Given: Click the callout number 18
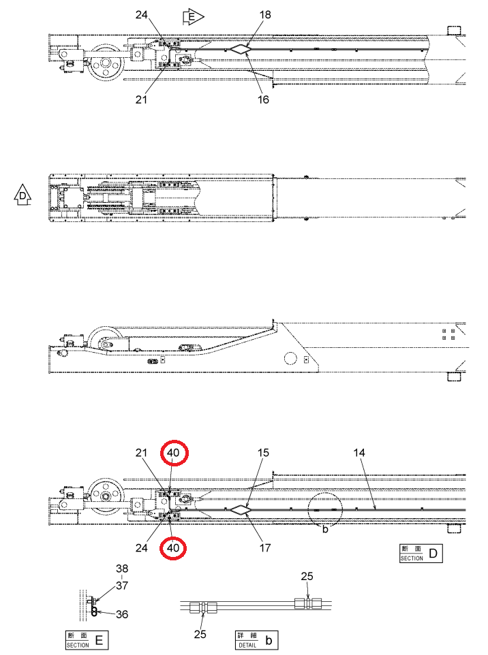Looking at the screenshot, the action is pos(265,14).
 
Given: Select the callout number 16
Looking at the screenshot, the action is pos(263,99).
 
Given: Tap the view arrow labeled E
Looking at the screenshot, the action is pos(193,17).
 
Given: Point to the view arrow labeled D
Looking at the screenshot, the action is pos(22,195).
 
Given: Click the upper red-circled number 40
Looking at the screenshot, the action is pos(173,452).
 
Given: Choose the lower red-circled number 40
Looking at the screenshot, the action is pos(173,547).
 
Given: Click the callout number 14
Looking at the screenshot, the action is pos(359,452).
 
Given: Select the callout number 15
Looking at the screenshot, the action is pos(263,452).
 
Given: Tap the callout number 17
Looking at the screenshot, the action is pos(265,547).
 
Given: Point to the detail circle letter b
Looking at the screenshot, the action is pos(325,529).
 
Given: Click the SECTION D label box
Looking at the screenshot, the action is pos(421,554).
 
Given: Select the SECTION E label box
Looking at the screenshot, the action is pos(87,640).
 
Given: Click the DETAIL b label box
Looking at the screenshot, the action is pos(257,640).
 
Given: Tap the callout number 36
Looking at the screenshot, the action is pos(122,614).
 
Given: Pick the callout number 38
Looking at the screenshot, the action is pos(122,569).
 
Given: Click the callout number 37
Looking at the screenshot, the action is pos(122,586).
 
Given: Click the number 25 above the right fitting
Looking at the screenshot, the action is pos(307,577).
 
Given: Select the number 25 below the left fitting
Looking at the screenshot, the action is pos(200,634).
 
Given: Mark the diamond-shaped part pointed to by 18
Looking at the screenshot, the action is pos(241,49).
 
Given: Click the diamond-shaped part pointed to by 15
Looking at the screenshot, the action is pos(241,509).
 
